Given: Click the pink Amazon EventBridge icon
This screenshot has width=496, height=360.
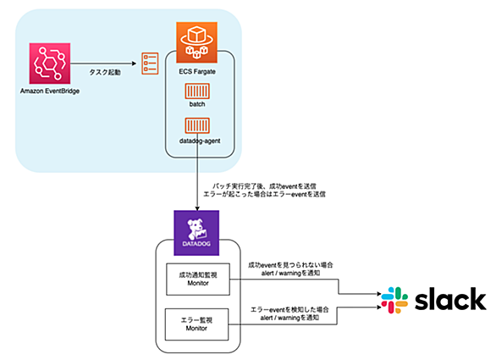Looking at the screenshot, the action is pyautogui.click(x=50, y=64).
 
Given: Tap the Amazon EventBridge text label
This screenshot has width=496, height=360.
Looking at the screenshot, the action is pyautogui.click(x=50, y=91).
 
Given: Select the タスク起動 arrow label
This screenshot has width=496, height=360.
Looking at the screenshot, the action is pyautogui.click(x=105, y=73).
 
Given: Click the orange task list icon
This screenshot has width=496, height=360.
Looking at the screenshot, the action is pyautogui.click(x=150, y=64).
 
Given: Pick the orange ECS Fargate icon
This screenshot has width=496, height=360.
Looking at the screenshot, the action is pyautogui.click(x=196, y=42).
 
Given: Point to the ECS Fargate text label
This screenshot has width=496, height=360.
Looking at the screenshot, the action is pyautogui.click(x=197, y=71).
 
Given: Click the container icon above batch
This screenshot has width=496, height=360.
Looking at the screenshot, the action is pyautogui.click(x=197, y=91).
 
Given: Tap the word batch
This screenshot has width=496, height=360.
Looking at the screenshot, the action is pyautogui.click(x=197, y=104).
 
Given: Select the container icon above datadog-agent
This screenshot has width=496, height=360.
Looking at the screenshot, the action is pyautogui.click(x=197, y=125).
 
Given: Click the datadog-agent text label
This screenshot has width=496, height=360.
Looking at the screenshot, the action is pyautogui.click(x=200, y=141).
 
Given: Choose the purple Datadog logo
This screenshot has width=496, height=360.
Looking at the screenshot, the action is pyautogui.click(x=196, y=233).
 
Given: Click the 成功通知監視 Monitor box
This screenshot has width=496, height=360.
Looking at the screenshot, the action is pyautogui.click(x=198, y=280).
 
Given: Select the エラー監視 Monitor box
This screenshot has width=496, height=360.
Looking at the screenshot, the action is pyautogui.click(x=196, y=324).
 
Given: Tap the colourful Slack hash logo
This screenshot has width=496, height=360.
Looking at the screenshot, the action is pyautogui.click(x=394, y=300).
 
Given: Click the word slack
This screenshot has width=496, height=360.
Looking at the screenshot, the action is pyautogui.click(x=450, y=299).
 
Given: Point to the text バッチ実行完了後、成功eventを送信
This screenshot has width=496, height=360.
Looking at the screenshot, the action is pyautogui.click(x=264, y=186).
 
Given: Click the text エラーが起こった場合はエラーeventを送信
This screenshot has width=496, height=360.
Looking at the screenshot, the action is pyautogui.click(x=264, y=194).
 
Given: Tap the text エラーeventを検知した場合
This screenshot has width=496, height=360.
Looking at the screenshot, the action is pyautogui.click(x=289, y=310).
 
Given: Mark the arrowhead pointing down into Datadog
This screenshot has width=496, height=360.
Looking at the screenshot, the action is pyautogui.click(x=197, y=208).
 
